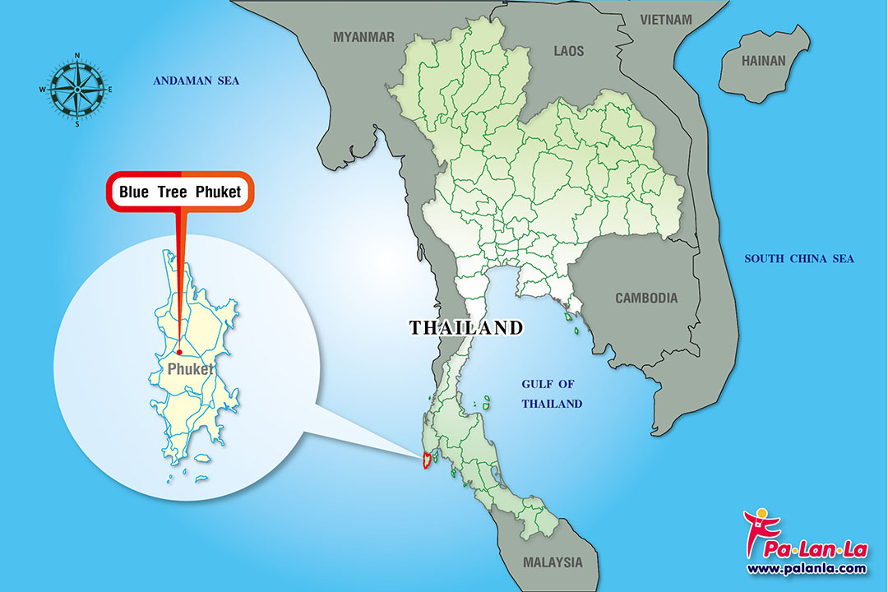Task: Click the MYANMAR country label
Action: click(x=363, y=37)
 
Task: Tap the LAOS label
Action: click(x=568, y=51)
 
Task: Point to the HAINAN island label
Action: click(x=764, y=61)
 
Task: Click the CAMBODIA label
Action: click(x=647, y=298)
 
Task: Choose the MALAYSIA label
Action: click(x=553, y=563)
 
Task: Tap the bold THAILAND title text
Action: click(x=466, y=328)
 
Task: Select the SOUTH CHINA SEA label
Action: click(x=799, y=259)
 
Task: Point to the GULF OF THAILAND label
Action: click(x=553, y=394)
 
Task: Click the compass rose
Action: click(x=77, y=90)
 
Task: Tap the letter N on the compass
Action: click(x=77, y=56)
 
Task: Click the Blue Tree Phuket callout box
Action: click(x=180, y=192)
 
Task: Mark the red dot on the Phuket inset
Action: click(x=179, y=353)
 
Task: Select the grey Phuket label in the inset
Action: click(x=190, y=369)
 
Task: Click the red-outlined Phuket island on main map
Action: click(x=426, y=460)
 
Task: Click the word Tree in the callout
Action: click(x=180, y=192)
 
